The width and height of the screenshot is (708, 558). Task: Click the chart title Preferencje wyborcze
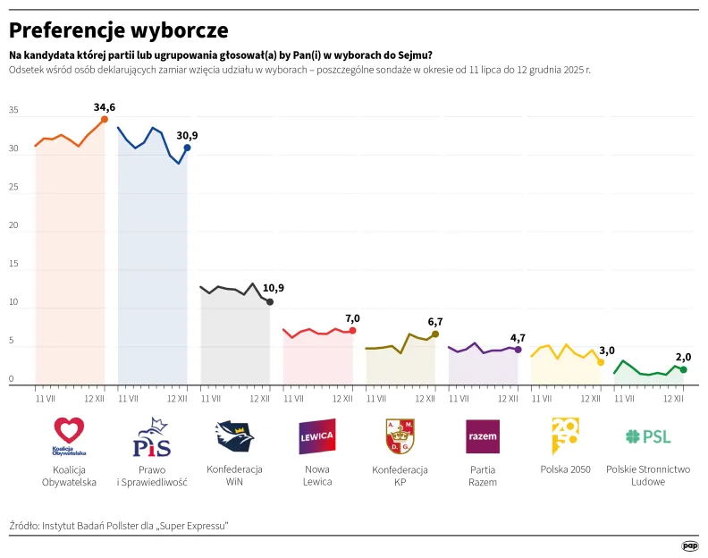pos(119,30)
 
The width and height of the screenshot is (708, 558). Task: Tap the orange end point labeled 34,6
pos(105,119)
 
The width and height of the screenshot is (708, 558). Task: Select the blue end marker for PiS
pos(187,148)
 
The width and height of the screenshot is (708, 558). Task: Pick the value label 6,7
pos(435,321)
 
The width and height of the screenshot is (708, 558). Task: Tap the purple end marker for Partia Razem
pos(518,350)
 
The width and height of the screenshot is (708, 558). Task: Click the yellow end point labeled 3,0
pos(601,362)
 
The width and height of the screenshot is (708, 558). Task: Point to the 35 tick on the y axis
pos(13,111)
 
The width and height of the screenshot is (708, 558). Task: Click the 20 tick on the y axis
pos(13,226)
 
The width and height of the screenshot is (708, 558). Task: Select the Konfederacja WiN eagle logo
pos(234,436)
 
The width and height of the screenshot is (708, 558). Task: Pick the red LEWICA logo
pos(316,436)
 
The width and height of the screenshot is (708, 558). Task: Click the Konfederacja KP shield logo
pos(400,436)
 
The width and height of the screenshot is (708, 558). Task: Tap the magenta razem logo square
pos(483,436)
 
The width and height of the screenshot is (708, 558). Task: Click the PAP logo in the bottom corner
pos(689,545)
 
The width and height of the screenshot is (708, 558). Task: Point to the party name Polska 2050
pos(565,469)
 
